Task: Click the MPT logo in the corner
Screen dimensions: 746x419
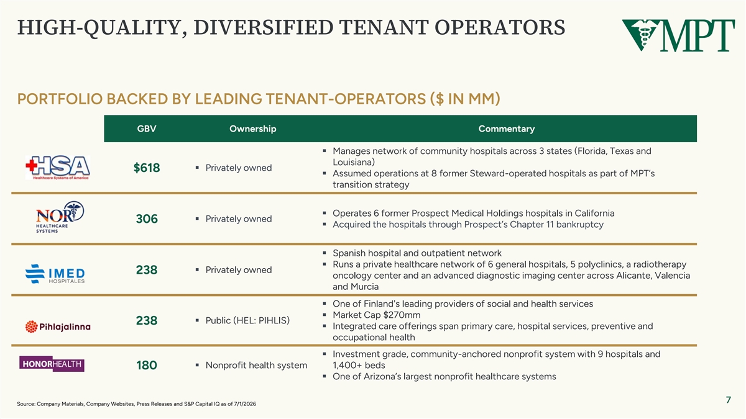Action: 678,35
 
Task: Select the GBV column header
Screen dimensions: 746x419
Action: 147,128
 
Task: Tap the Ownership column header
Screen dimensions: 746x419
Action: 253,128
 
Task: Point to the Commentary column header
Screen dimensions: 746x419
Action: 507,128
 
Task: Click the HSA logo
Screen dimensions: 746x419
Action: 58,167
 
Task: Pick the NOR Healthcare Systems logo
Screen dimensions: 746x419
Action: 60,217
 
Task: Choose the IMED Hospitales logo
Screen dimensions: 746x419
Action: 55,274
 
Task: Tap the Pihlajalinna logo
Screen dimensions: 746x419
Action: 58,327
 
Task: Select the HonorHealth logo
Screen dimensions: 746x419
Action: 52,364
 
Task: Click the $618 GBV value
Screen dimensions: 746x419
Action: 147,168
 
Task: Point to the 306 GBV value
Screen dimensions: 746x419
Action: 147,219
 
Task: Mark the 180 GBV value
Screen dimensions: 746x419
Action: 147,365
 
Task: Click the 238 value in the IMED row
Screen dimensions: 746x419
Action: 147,269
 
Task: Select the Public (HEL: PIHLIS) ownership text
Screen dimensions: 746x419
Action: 247,320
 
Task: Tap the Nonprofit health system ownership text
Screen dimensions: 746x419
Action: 256,365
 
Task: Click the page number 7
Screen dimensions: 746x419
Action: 729,400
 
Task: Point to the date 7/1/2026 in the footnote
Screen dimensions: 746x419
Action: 244,404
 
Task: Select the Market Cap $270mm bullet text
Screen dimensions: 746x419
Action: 376,315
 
